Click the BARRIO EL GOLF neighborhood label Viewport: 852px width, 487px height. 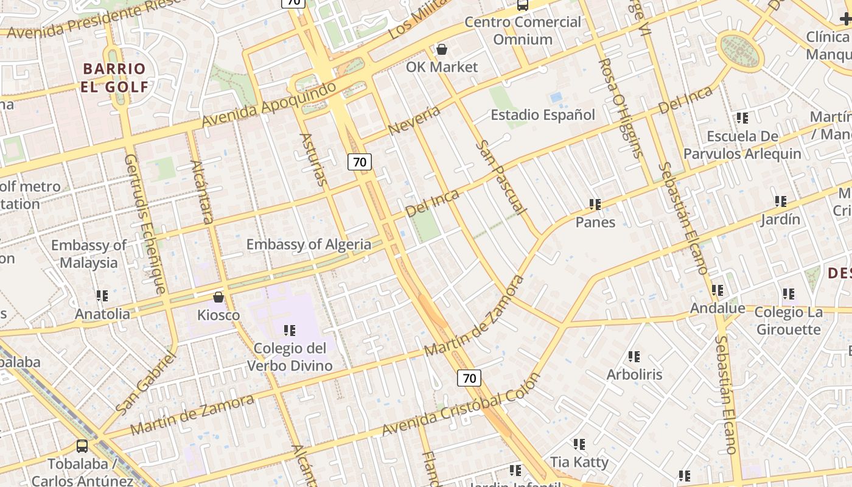[114, 77]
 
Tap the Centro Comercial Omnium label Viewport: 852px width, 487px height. [523, 31]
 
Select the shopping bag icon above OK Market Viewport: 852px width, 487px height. [442, 49]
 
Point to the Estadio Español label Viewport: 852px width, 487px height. [543, 114]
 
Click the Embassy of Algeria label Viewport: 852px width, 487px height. [309, 245]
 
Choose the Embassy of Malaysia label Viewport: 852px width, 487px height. [89, 254]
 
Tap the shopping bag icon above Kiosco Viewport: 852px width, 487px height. [218, 297]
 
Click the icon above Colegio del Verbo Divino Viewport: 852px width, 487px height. [290, 331]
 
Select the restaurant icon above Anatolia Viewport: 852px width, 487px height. [102, 296]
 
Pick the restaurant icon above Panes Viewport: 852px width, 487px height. [595, 205]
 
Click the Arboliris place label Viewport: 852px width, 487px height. [634, 374]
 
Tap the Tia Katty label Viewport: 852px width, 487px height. [579, 462]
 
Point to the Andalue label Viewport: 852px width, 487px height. [717, 308]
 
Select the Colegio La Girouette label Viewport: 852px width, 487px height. [788, 321]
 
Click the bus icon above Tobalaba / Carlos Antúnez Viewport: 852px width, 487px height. [82, 446]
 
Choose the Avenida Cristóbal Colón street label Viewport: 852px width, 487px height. [461, 404]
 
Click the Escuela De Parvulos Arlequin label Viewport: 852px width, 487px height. [742, 145]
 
